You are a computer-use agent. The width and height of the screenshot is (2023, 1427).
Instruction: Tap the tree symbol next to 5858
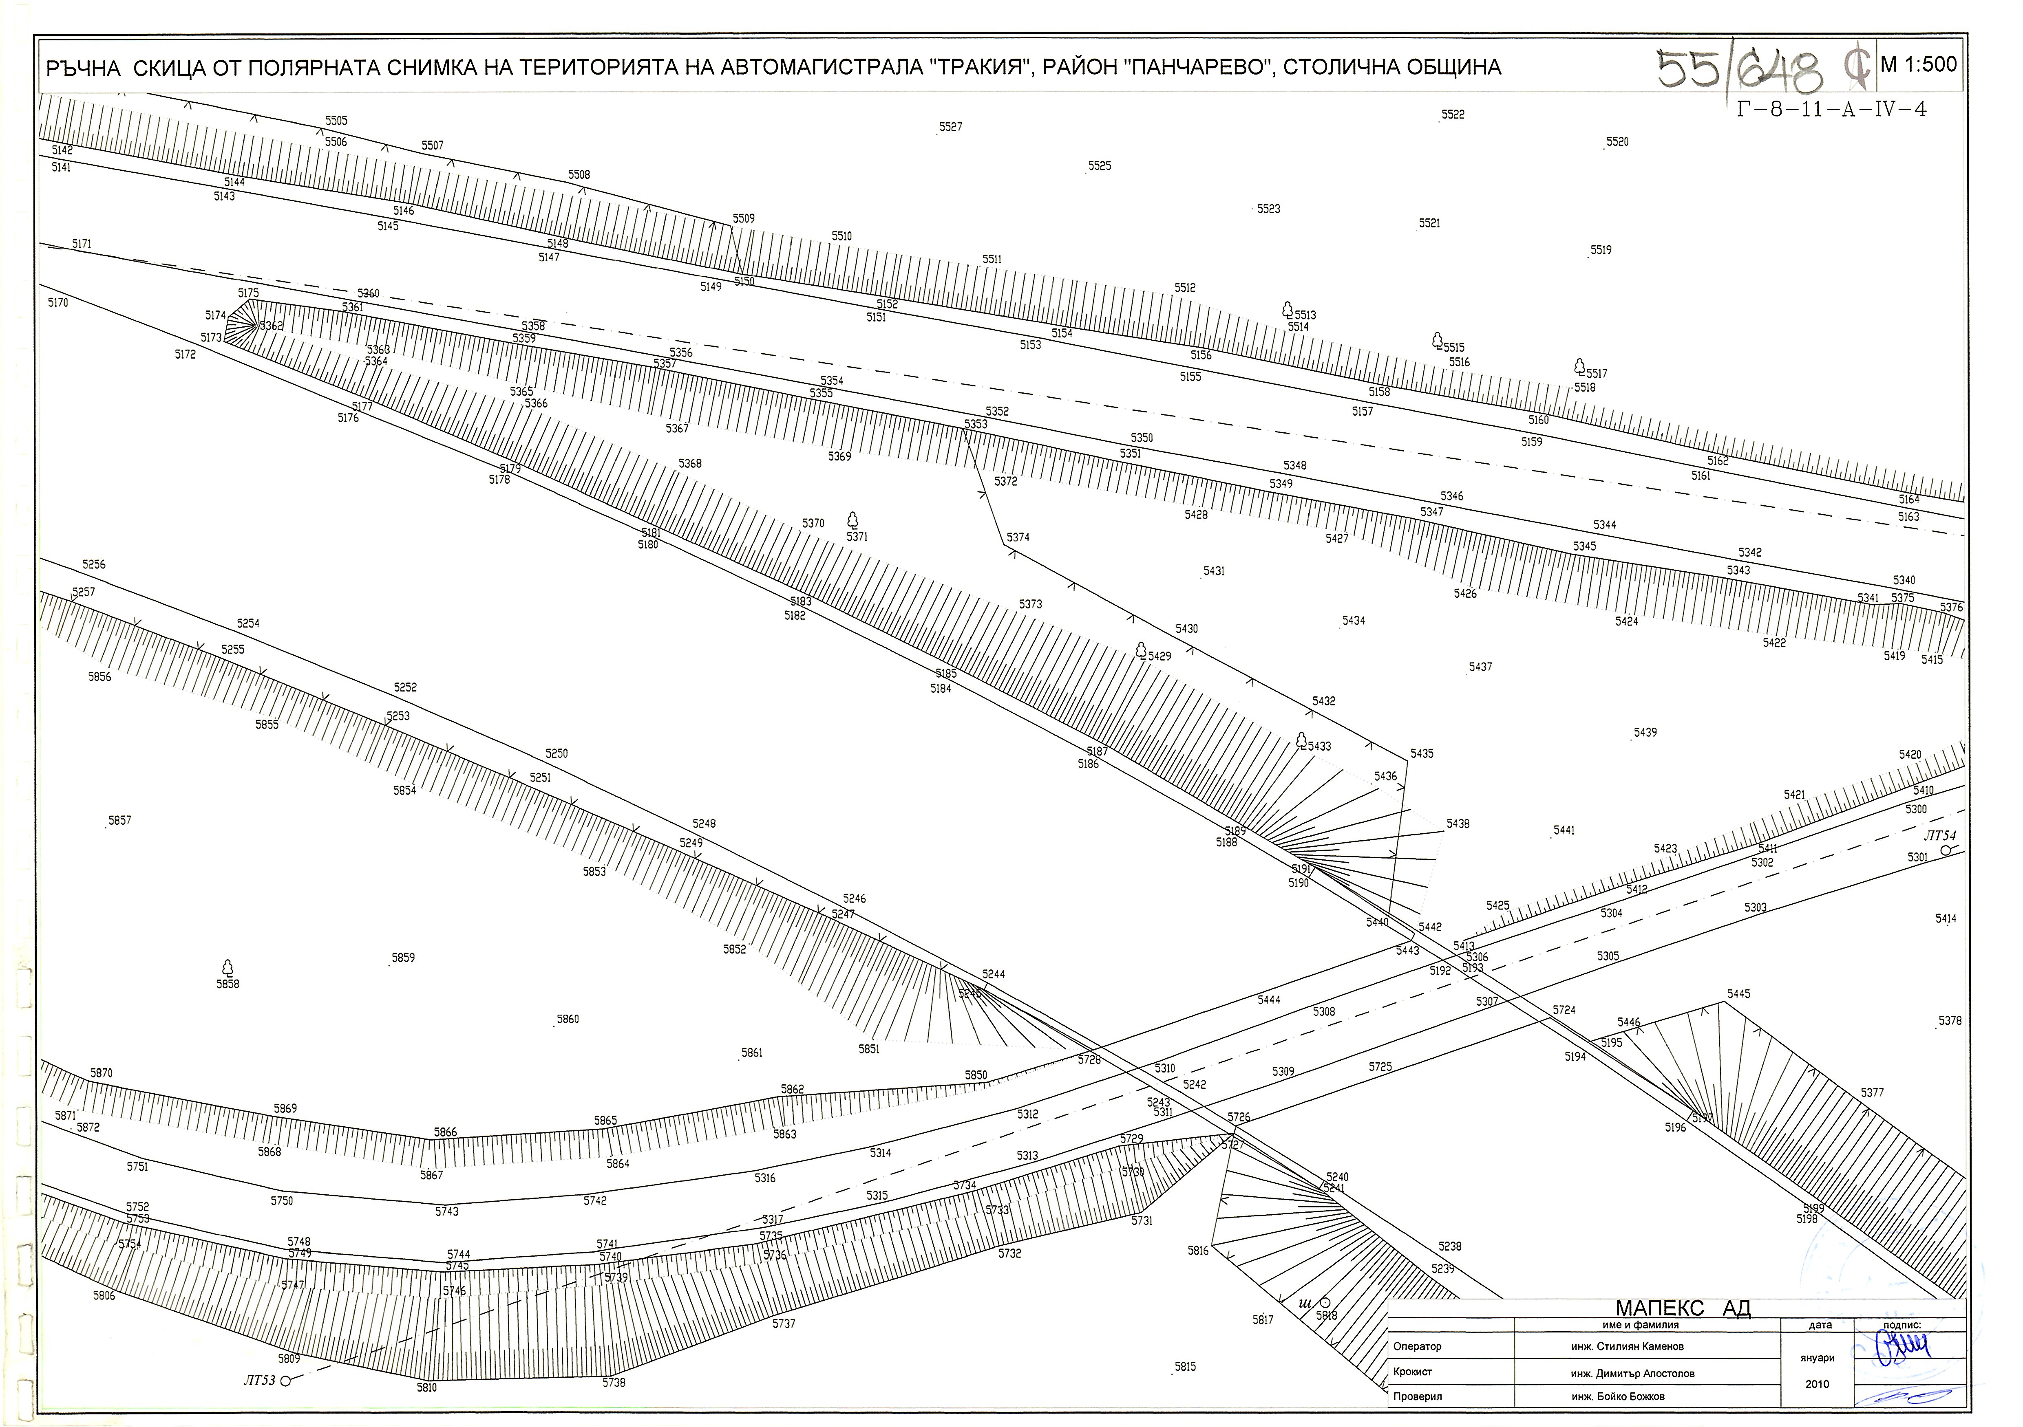[x=227, y=967]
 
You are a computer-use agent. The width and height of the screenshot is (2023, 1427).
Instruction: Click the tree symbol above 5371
[x=852, y=520]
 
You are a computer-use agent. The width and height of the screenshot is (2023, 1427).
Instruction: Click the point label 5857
[x=119, y=820]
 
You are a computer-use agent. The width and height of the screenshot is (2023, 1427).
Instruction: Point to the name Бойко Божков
[x=1630, y=1396]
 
